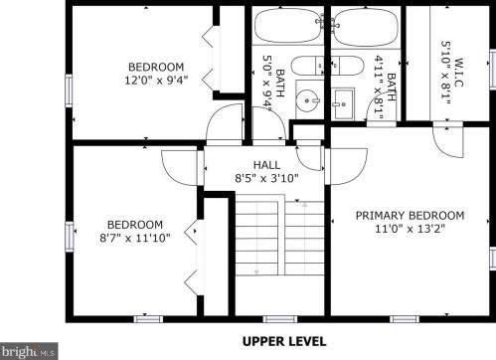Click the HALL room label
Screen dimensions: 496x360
coord(266,165)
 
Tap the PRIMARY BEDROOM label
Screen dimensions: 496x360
coord(410,216)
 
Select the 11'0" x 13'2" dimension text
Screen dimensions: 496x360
coord(410,229)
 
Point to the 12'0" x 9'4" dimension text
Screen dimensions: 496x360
coord(156,81)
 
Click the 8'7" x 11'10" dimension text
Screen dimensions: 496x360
coord(135,238)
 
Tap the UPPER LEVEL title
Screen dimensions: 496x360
coord(284,341)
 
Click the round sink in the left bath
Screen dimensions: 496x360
coord(308,100)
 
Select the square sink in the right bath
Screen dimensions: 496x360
coord(343,103)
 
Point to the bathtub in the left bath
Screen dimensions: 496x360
coord(287,25)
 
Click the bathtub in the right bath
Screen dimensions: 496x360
coord(366,25)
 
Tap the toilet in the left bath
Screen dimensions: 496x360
coord(307,66)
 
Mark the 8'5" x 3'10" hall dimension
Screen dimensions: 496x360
coord(266,179)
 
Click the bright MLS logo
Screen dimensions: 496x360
coord(29,351)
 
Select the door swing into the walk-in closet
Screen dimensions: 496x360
coord(448,140)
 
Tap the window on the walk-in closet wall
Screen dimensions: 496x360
coord(493,69)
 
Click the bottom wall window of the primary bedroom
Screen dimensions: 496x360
coord(405,319)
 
